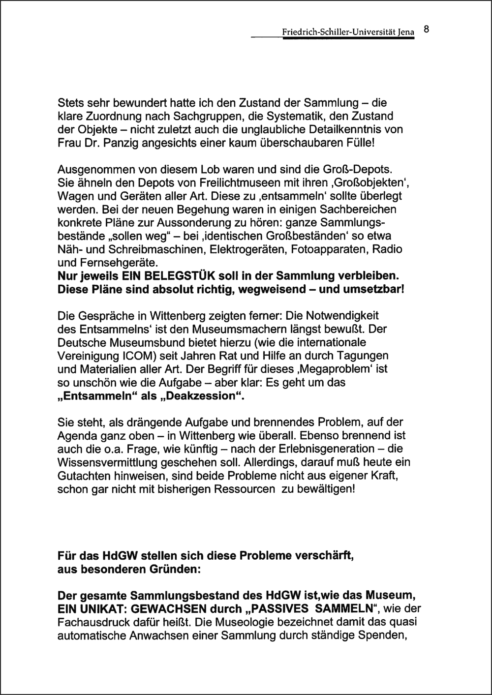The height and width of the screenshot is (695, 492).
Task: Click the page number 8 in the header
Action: tap(426, 29)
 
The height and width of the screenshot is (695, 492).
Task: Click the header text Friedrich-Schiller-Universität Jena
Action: tap(348, 32)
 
